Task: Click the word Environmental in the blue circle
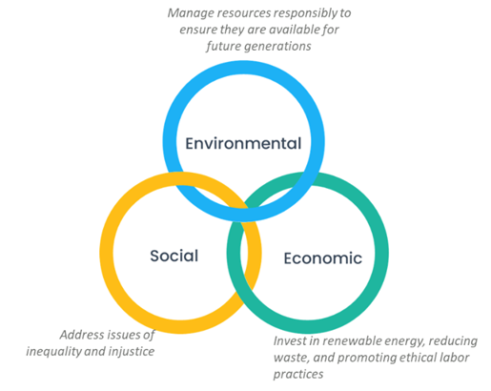click(x=243, y=143)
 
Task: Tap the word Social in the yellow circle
click(x=174, y=256)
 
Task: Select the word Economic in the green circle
click(x=323, y=257)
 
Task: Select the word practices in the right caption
click(x=298, y=375)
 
